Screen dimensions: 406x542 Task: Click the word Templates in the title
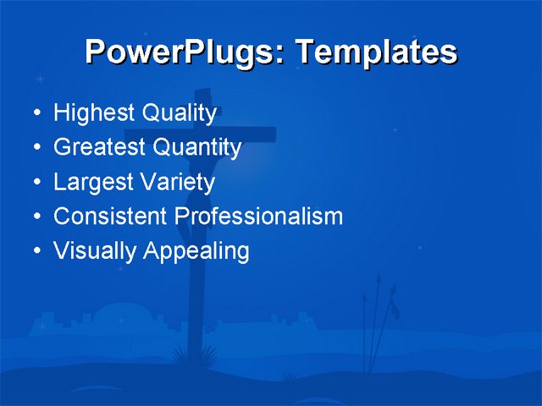375,52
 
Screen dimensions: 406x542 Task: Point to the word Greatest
99,148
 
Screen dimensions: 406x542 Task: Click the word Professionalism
258,217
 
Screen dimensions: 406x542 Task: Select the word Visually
94,251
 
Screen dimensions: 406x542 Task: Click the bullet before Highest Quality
35,113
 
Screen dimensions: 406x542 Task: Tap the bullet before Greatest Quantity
35,148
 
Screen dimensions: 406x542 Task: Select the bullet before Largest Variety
35,183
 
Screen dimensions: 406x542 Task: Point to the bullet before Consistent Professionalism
35,217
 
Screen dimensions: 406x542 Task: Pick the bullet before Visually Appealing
35,251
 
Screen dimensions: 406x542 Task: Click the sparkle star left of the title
40,79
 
